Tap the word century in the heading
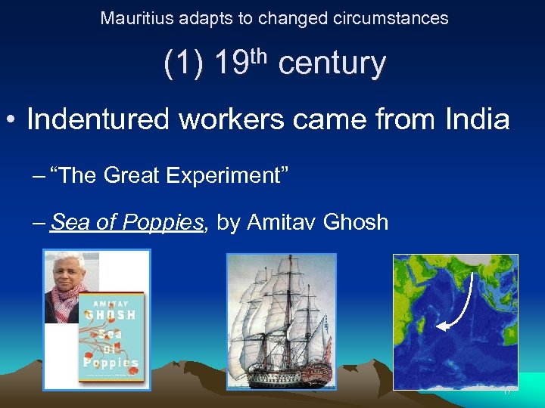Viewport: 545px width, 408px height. tap(332, 64)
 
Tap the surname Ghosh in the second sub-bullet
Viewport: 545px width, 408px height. tap(356, 222)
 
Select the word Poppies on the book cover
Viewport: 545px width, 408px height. tap(111, 362)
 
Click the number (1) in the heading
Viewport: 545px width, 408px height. tap(183, 64)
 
